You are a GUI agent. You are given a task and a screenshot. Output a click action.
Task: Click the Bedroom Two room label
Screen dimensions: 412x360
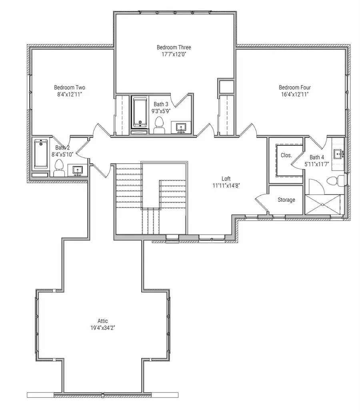tap(70, 87)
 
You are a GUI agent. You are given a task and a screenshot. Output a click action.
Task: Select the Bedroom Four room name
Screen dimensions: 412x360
tap(294, 87)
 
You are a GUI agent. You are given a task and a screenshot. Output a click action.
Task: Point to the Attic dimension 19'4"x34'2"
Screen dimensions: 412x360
tap(102, 327)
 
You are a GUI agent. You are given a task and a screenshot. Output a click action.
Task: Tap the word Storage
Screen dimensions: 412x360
tap(286, 199)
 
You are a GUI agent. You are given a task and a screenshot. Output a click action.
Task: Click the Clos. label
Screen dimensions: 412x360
tap(286, 155)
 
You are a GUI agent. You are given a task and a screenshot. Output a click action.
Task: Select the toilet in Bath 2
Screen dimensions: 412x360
tap(59, 168)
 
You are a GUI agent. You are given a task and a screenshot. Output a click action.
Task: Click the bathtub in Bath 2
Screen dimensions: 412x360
tap(41, 153)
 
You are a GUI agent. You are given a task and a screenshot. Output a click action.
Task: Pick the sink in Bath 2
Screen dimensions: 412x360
tap(77, 170)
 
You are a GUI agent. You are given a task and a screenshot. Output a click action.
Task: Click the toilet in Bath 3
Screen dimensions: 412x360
tap(159, 125)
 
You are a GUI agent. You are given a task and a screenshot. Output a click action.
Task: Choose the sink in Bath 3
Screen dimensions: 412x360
tap(182, 128)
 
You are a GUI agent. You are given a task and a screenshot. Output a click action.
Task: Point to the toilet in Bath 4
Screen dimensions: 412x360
tap(335, 181)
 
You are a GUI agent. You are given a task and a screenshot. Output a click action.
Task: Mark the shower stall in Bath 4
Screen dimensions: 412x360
tap(323, 205)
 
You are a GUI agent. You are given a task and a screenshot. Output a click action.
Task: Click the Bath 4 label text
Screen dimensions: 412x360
tap(317, 157)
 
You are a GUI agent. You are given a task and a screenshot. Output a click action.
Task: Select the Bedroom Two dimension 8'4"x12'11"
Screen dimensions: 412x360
tap(70, 94)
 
